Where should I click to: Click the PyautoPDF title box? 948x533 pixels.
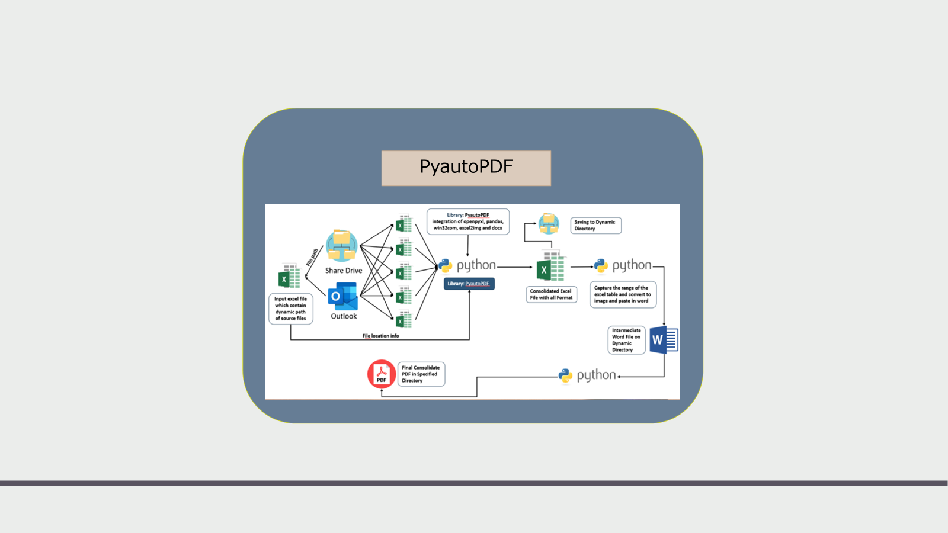coord(466,168)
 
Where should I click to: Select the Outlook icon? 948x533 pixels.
coord(343,297)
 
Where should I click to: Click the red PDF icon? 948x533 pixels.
coord(381,374)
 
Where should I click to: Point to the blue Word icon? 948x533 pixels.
coord(664,340)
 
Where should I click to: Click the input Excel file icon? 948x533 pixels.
coord(290,277)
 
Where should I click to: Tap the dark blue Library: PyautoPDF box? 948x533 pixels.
coord(469,284)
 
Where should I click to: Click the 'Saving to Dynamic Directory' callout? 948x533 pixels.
coord(595,225)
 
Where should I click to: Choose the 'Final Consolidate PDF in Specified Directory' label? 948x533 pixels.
coord(421,374)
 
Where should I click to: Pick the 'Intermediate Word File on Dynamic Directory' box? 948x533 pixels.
coord(626,340)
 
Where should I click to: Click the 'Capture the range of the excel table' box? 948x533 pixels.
coord(622,294)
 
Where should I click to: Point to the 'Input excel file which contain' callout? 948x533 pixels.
coord(290,309)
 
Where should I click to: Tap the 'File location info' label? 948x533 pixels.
coord(380,336)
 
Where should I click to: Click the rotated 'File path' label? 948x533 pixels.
coord(312,257)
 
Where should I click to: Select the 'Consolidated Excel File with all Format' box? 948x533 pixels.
coord(551,294)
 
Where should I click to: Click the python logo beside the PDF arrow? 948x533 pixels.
coord(566,375)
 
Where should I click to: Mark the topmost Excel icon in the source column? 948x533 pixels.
coord(403,224)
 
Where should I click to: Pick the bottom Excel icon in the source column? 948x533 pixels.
coord(403,320)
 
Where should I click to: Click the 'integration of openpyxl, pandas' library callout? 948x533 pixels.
coord(467,221)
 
